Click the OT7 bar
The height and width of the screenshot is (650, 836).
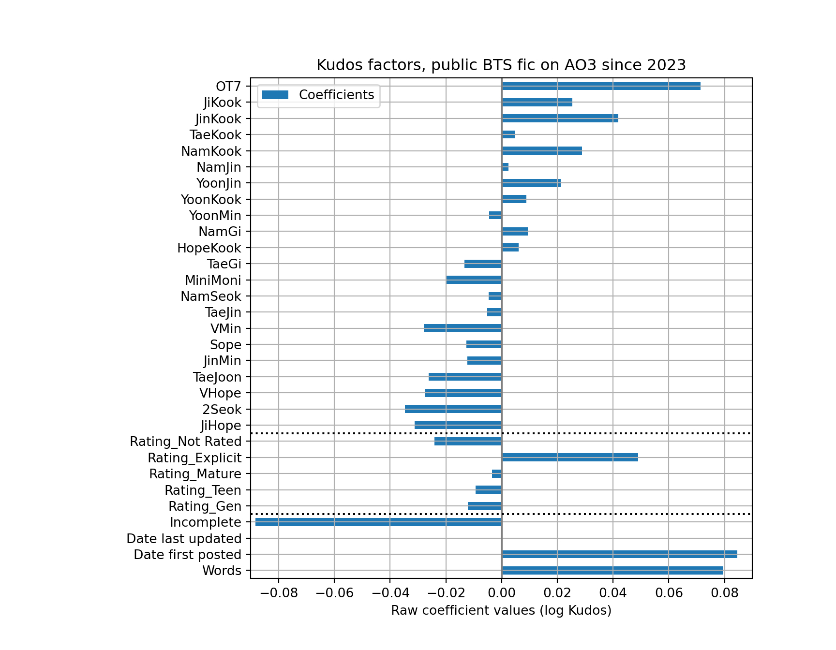(601, 86)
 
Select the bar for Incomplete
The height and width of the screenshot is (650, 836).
(378, 522)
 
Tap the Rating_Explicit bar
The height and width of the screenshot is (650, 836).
(570, 458)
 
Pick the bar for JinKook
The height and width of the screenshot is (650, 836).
(560, 118)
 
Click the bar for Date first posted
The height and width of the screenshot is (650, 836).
(619, 554)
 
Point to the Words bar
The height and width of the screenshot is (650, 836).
(612, 571)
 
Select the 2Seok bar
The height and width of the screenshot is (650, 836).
(453, 409)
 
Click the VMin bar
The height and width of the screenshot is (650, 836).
(463, 328)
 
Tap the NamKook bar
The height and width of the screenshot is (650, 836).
(542, 151)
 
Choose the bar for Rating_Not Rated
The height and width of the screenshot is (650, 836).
(468, 442)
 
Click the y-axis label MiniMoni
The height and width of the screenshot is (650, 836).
(213, 281)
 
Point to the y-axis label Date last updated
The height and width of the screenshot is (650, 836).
(184, 539)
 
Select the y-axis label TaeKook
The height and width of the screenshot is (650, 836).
(215, 135)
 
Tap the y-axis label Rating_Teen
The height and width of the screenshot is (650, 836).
(203, 490)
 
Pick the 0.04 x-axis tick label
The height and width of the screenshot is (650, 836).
(612, 592)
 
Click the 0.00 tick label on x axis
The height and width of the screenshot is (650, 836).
(501, 592)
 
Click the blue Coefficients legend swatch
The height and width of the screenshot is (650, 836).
(275, 95)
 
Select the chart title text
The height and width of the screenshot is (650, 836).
(501, 65)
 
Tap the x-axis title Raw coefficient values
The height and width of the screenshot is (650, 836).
(501, 610)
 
